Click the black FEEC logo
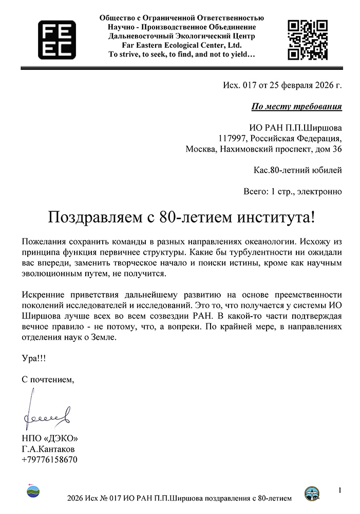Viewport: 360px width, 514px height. (56, 39)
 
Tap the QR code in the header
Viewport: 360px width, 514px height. (307, 39)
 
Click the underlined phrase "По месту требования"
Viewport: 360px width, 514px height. (296, 107)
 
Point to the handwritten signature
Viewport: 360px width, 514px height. (45, 411)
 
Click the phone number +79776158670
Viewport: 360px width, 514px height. (49, 460)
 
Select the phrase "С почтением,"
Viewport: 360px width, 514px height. (48, 380)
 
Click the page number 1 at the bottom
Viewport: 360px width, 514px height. (339, 490)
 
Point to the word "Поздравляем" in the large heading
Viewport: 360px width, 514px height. (92, 216)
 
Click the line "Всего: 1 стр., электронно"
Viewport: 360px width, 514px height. (292, 192)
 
